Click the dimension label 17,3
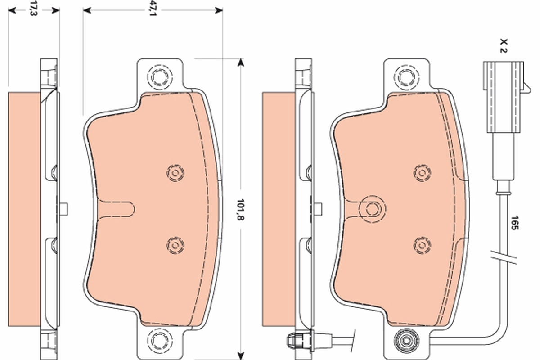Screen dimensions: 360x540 pos(32,9)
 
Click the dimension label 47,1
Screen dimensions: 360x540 pos(153,9)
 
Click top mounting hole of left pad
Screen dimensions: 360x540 pos(159,78)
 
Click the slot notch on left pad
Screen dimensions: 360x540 pos(117,208)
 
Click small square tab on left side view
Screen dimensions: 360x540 pos(63,208)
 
